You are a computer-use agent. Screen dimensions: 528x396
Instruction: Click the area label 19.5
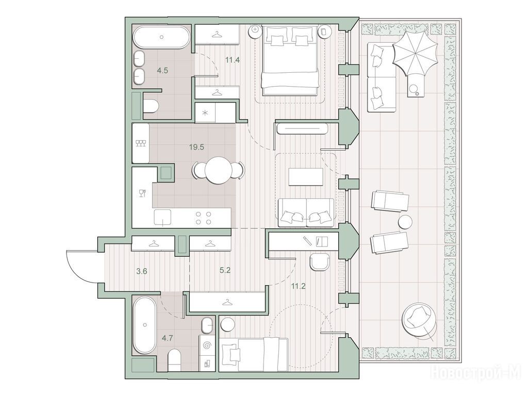[196, 147]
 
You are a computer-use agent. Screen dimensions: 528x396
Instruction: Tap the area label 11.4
[233, 61]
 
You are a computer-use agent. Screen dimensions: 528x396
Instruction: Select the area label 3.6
[141, 271]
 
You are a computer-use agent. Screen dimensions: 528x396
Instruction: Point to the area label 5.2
[225, 270]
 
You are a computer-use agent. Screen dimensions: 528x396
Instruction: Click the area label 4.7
[168, 338]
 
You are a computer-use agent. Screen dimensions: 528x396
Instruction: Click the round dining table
[219, 170]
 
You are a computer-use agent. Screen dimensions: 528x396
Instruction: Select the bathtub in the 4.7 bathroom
[145, 325]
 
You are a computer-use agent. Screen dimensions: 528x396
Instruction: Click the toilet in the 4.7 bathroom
[174, 360]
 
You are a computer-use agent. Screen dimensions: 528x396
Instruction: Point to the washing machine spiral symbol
[208, 345]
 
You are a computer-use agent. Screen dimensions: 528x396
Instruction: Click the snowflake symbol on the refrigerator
[205, 113]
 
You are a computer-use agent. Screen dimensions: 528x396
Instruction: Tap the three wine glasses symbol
[141, 143]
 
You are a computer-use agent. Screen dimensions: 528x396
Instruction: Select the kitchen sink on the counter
[162, 217]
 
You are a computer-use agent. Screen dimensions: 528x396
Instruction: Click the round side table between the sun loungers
[405, 222]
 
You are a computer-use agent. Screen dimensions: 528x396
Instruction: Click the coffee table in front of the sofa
[306, 176]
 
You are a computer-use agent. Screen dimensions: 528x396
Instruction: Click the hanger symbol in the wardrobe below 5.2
[228, 303]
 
